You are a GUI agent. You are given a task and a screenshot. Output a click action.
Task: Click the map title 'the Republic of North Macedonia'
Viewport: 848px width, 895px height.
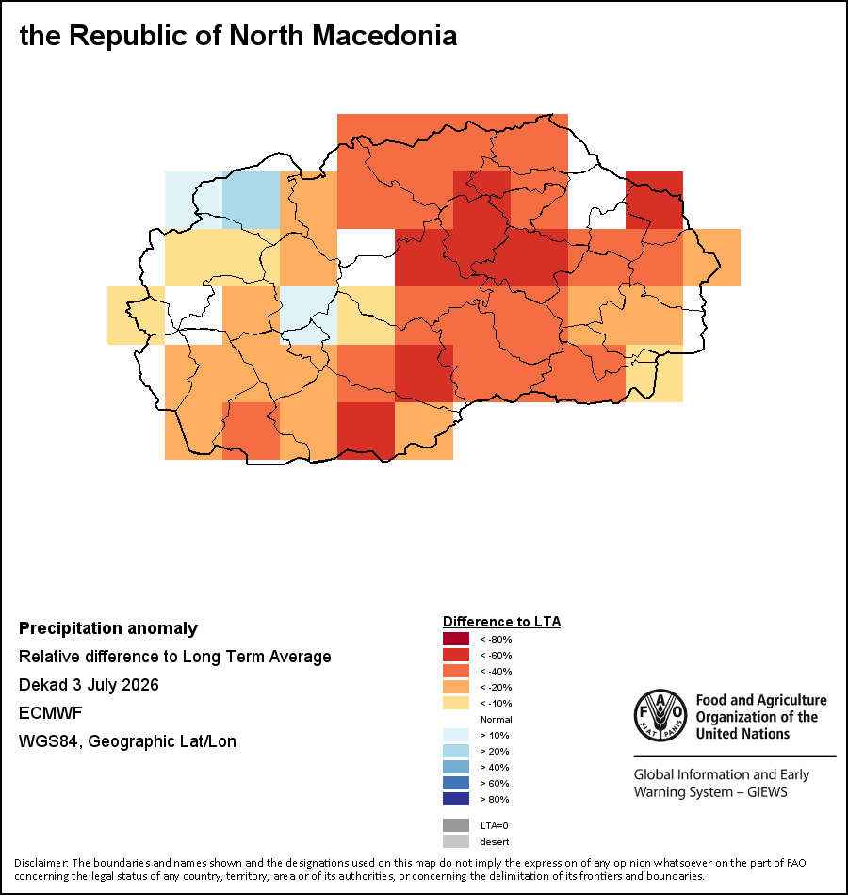pos(238,36)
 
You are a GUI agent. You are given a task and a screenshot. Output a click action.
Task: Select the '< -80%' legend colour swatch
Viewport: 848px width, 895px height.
pos(456,639)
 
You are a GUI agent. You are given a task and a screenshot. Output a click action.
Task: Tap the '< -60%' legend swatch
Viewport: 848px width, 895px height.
pos(456,655)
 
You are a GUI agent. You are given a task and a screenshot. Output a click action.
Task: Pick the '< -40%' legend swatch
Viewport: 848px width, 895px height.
pos(456,671)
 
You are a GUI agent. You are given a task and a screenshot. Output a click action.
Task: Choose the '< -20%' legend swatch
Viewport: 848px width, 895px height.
pos(456,687)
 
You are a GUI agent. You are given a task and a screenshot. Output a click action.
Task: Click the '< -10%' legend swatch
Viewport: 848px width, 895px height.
pos(456,703)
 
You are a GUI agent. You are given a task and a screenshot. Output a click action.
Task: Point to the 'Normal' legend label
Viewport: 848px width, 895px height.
pos(497,719)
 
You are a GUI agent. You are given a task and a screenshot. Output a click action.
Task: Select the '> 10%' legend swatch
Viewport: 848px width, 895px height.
pos(456,735)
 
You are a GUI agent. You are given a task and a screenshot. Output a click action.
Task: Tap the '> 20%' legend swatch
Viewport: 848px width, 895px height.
pos(456,751)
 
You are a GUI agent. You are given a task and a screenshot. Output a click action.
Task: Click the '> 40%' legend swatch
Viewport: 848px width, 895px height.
pos(456,767)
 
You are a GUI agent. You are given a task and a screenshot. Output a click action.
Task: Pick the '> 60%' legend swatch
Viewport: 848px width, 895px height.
pos(456,783)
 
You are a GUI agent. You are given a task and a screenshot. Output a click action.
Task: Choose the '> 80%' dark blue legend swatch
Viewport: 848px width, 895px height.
pos(456,799)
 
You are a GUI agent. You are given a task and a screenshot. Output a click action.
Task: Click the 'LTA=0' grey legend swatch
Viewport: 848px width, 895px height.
pos(456,825)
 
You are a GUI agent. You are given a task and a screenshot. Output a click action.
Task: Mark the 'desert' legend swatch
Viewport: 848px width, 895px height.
pos(456,841)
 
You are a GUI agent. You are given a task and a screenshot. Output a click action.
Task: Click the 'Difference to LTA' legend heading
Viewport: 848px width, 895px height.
pos(501,622)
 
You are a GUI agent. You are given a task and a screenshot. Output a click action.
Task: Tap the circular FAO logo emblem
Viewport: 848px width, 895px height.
pos(660,715)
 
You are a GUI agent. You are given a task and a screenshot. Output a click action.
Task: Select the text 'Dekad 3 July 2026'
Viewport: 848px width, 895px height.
pos(89,684)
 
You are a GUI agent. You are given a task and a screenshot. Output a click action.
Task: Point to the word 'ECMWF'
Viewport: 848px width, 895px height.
pos(50,713)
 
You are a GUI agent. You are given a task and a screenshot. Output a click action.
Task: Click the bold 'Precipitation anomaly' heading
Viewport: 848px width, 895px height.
pos(108,627)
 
